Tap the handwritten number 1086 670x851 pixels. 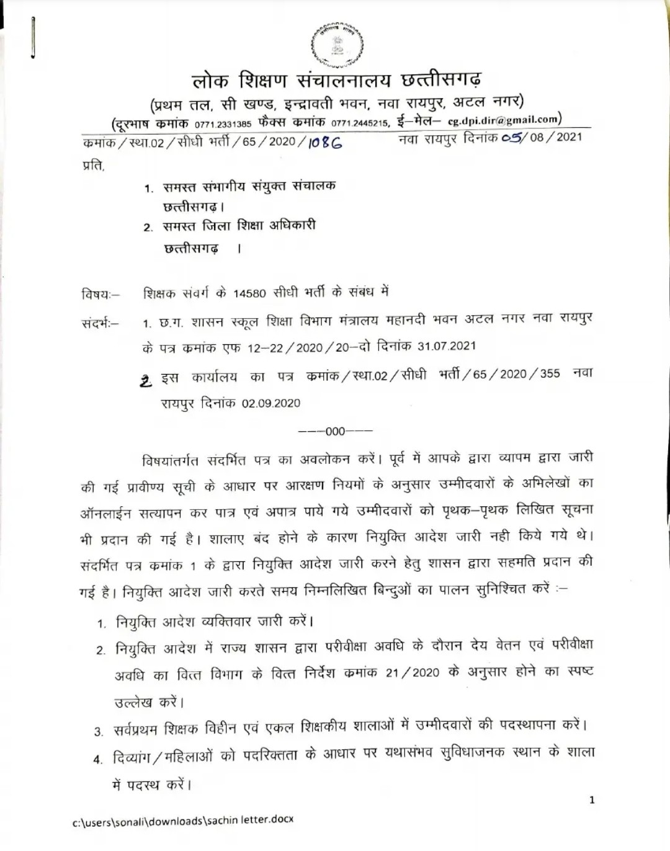coord(324,143)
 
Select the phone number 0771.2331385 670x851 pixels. coord(223,123)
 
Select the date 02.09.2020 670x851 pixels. coord(271,403)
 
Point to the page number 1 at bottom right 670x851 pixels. coord(591,800)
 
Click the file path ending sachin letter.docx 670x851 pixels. coord(183,821)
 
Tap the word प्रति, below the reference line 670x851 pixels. coord(93,166)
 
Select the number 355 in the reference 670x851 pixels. coord(550,373)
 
